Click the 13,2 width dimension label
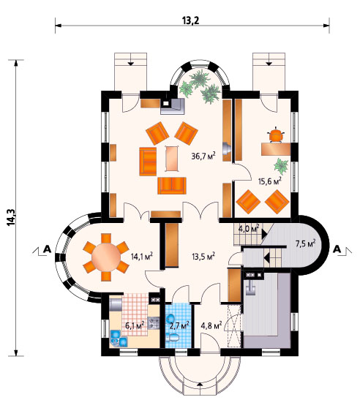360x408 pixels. [190, 20]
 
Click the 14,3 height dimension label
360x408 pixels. [12, 217]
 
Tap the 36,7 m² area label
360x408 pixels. [203, 156]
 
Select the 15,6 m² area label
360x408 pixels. [270, 181]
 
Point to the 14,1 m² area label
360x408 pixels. [142, 257]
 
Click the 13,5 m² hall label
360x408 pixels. [203, 257]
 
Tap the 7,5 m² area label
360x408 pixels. [305, 243]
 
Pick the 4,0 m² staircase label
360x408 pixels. [249, 228]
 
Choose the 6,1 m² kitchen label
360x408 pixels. [135, 325]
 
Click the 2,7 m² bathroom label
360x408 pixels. [179, 325]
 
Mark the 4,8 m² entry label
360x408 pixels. [211, 325]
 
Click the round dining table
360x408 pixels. [106, 257]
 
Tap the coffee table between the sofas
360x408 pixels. [172, 158]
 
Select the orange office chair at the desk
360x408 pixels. [276, 135]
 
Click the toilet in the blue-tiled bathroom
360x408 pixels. [173, 338]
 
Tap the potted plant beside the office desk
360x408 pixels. [282, 166]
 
